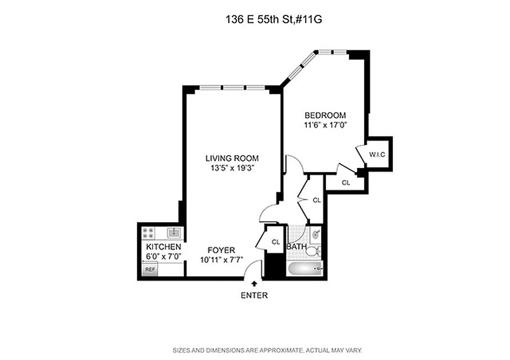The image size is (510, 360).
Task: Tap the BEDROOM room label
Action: point(325,115)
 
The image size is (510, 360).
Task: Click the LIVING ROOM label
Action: point(232,158)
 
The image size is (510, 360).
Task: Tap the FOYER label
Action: point(221,250)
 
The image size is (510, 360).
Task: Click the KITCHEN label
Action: point(163,247)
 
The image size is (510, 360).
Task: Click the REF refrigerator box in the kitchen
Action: point(149,270)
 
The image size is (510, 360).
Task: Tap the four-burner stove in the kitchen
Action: point(148,233)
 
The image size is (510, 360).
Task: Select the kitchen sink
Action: point(174,232)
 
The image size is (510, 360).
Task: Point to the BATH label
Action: point(297,247)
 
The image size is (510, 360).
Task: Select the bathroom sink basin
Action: point(315,234)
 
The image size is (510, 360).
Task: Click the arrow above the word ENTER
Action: point(254,283)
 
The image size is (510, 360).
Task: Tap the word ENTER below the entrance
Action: point(254,296)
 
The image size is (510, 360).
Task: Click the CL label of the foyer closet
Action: point(275,242)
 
